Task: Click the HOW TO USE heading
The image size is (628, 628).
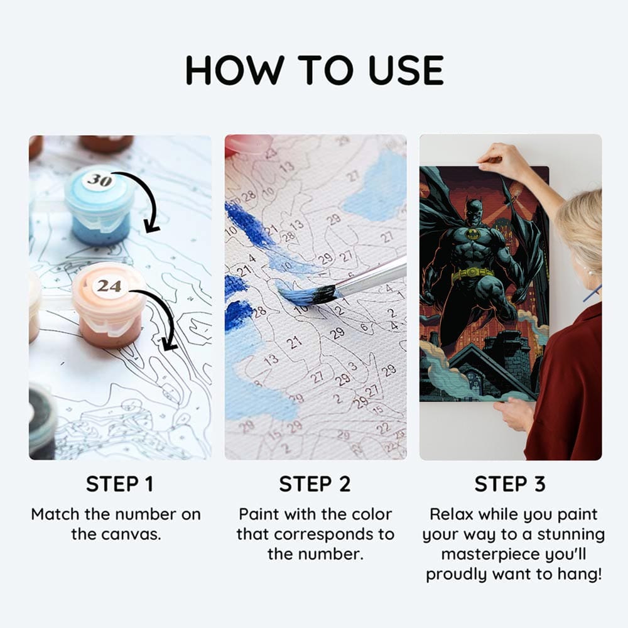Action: [315, 70]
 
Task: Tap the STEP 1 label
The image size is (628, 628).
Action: [120, 484]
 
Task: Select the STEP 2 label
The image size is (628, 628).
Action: [315, 484]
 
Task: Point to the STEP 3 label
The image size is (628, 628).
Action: [510, 484]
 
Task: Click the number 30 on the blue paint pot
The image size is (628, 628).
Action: [100, 180]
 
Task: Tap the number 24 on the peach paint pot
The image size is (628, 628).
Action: [109, 286]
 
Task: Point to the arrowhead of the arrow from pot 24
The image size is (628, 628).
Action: [170, 344]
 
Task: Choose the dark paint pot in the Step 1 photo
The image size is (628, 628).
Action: [41, 421]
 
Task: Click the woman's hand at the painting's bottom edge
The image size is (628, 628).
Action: [516, 413]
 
